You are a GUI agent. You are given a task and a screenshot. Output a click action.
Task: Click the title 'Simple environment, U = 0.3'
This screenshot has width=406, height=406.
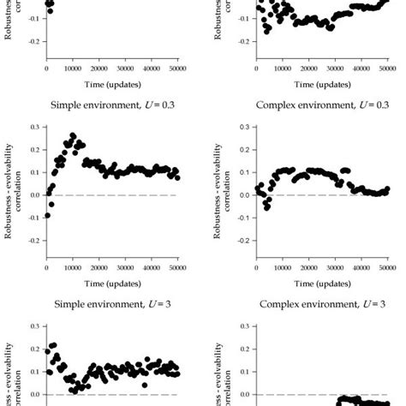(103, 105)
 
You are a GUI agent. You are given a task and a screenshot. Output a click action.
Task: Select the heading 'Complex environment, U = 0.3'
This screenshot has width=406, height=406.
(313, 105)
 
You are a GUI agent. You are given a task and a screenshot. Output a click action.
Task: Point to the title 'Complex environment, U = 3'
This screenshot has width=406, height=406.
(313, 304)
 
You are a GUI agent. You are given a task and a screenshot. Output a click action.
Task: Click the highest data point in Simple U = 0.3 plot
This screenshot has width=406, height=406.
(72, 135)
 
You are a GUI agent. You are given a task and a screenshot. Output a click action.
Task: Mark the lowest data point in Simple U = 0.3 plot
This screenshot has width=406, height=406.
(47, 215)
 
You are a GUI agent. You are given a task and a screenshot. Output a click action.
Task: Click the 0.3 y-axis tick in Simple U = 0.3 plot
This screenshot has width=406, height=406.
(34, 127)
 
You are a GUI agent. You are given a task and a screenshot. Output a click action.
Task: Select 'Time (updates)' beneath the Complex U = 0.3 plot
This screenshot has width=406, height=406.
(313, 284)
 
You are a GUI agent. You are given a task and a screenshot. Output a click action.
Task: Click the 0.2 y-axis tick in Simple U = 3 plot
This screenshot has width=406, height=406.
(34, 349)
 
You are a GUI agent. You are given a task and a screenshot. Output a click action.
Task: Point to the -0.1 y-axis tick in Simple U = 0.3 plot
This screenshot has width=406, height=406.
(33, 218)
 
